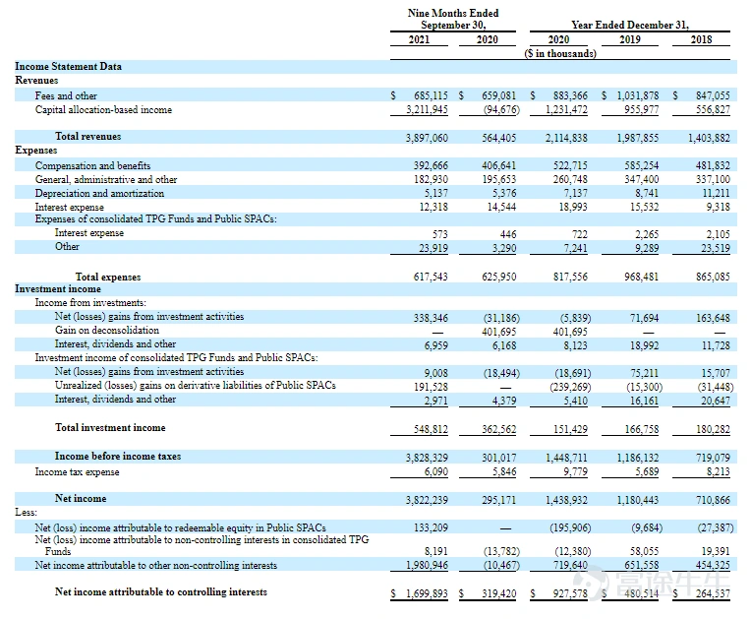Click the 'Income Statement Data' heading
69,67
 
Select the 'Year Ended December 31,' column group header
629,25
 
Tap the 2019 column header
629,39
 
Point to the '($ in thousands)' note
560,53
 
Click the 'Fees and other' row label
66,95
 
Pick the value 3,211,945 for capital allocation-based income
427,109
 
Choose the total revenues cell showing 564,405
499,138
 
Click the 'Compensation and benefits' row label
92,165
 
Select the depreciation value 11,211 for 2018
716,194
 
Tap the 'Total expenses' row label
108,277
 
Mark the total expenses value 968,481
642,277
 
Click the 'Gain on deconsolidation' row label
107,331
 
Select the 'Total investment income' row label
110,427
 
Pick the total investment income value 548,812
431,429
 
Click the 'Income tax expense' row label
77,472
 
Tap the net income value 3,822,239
427,500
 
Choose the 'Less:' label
26,513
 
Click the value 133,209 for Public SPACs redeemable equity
431,528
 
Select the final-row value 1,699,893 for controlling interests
427,594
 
